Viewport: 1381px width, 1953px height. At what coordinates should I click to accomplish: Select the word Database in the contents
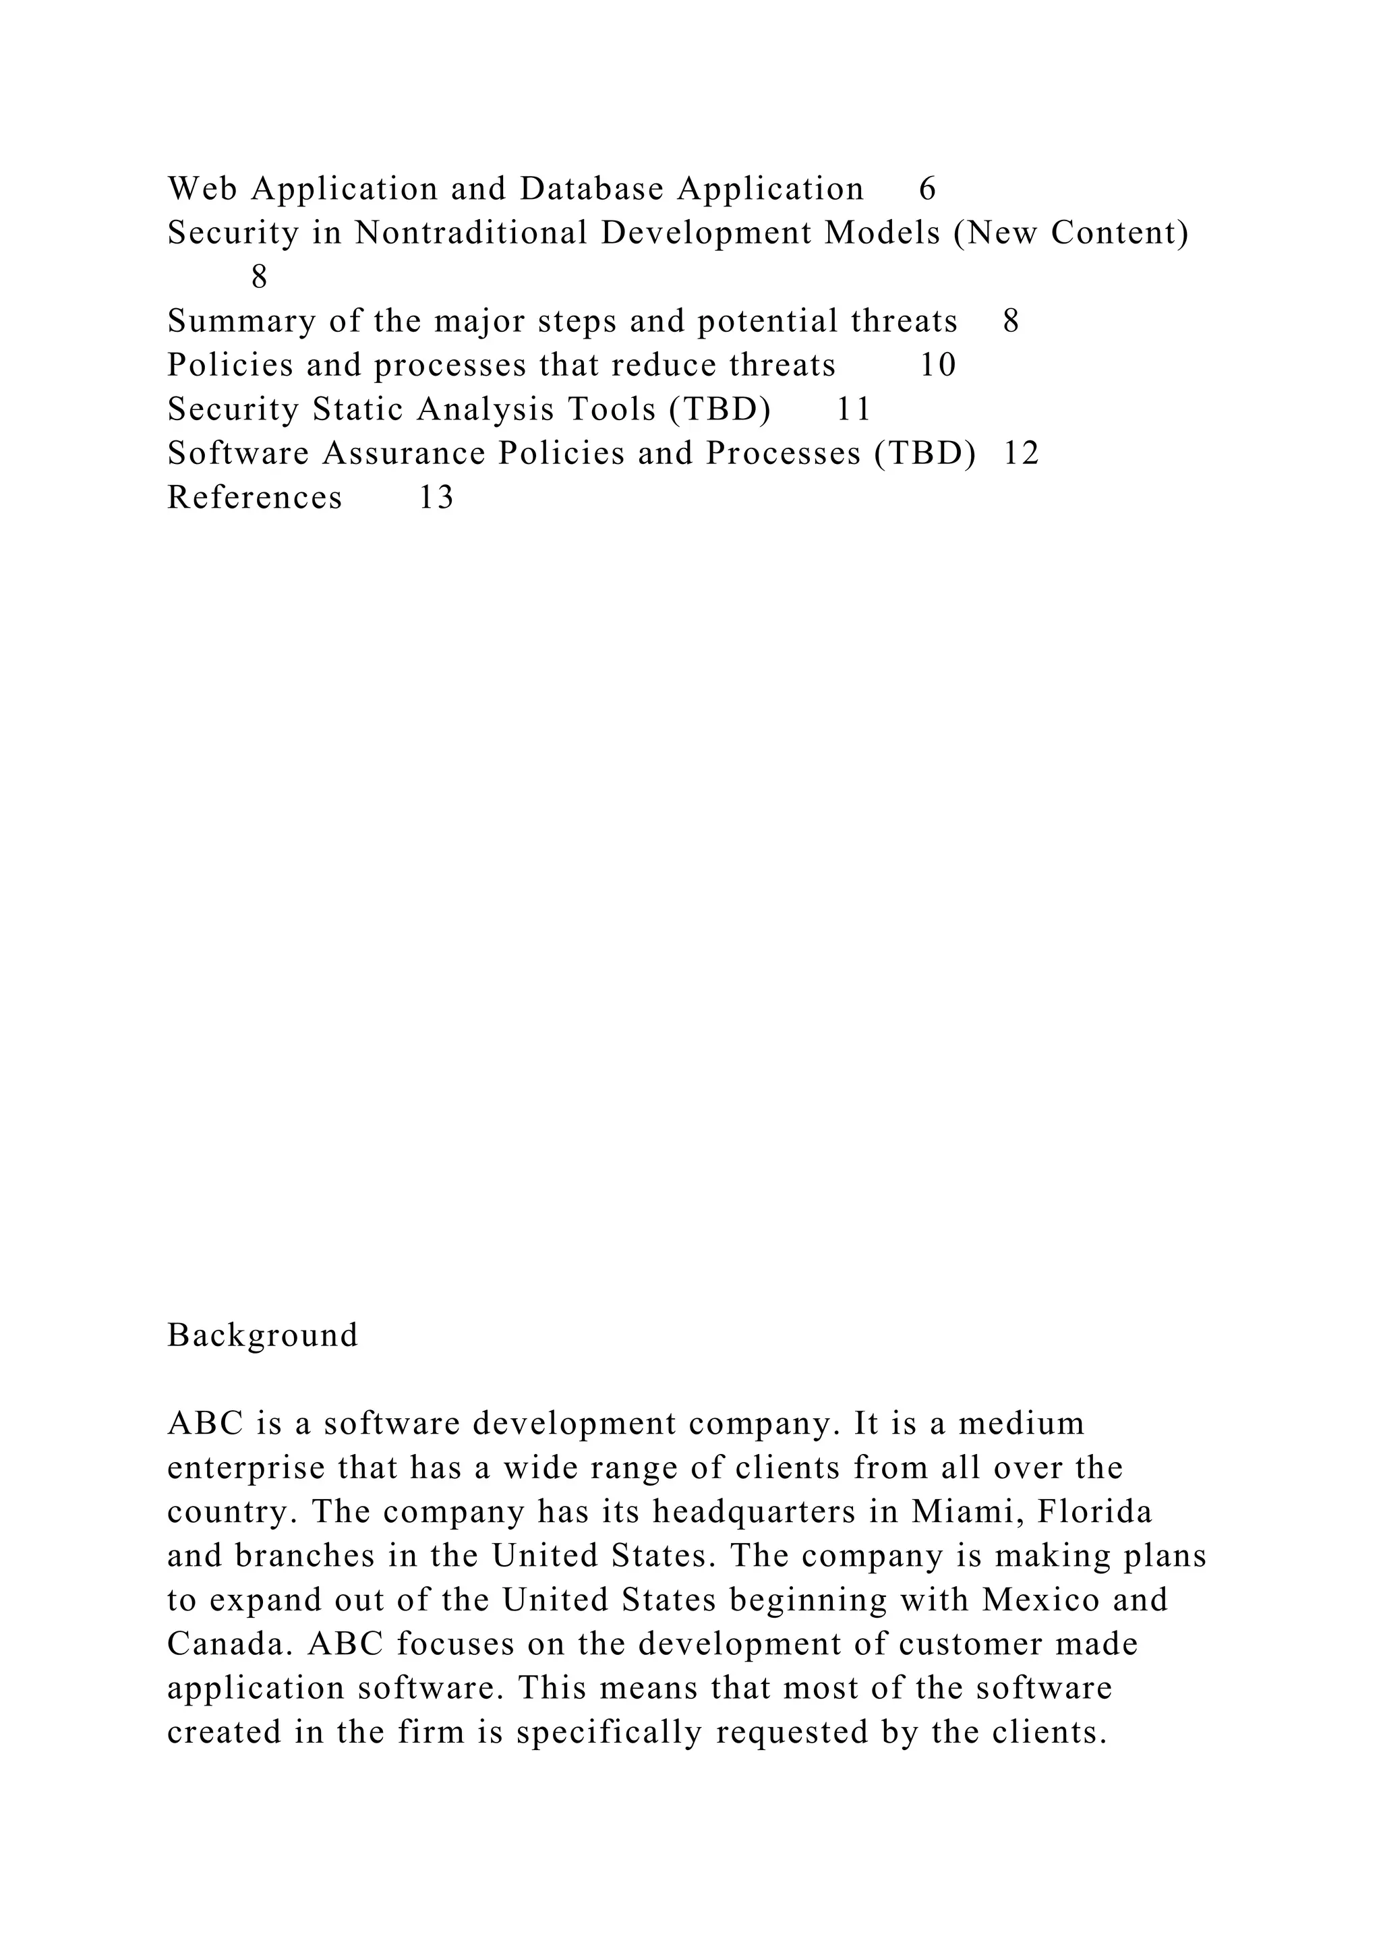(x=592, y=189)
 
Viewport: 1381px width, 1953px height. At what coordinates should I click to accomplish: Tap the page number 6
(x=927, y=189)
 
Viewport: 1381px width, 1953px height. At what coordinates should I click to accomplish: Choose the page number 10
(x=938, y=366)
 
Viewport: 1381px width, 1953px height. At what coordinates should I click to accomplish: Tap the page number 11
(x=854, y=410)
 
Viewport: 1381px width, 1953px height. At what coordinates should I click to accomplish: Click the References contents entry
(x=254, y=498)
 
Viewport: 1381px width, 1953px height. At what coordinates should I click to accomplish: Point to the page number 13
(x=436, y=498)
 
